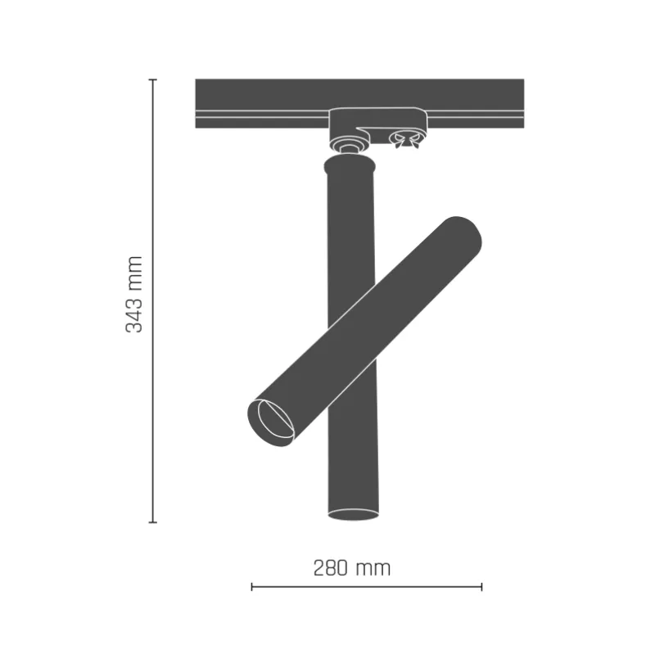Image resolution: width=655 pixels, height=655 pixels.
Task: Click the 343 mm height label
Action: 134,294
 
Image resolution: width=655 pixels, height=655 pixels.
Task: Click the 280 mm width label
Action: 352,567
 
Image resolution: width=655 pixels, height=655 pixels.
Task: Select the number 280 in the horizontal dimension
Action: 332,567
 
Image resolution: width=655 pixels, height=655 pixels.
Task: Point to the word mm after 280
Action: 375,567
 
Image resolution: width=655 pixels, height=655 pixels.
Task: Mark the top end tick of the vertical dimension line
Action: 152,79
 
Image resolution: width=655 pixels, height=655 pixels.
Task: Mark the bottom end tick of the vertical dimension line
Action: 152,522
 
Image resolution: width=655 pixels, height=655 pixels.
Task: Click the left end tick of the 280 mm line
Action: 251,586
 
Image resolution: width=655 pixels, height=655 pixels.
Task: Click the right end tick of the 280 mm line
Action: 481,586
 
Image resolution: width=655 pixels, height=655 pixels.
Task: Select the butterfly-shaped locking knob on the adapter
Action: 403,141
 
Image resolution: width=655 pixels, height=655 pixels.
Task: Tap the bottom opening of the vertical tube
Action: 353,513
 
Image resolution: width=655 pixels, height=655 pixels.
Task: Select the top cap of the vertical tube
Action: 350,168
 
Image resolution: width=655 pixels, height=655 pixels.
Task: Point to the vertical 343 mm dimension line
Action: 152,205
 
